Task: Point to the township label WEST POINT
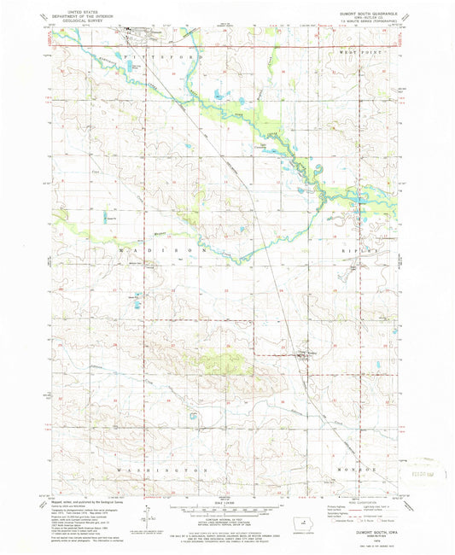point(359,53)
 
